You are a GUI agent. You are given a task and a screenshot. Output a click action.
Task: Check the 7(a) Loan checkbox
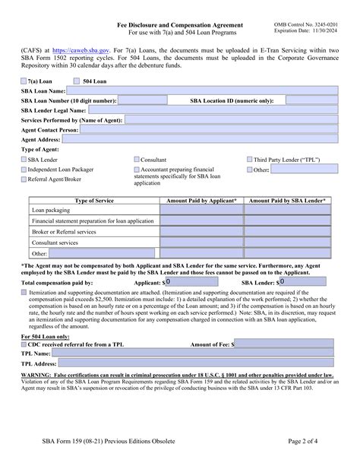tap(25, 80)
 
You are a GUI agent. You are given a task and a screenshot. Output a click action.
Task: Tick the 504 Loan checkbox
tap(76, 80)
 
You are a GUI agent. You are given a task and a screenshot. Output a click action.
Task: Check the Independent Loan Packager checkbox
tap(24, 170)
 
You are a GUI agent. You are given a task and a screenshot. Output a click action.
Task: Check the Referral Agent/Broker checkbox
tap(24, 179)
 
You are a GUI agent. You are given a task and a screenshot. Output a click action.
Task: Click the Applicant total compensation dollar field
tap(199, 281)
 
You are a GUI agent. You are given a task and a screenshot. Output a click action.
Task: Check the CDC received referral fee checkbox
tap(24, 344)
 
